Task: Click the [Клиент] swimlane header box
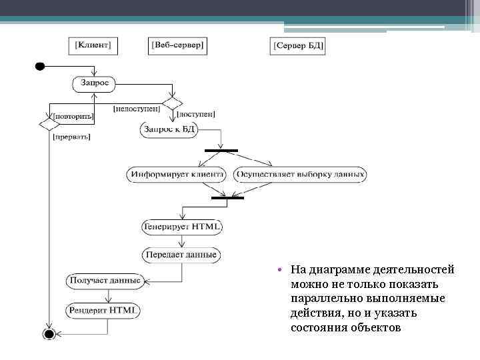tap(94, 45)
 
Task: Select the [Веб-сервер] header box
tap(179, 45)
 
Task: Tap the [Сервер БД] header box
tap(299, 46)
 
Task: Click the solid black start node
tap(39, 66)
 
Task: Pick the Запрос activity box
tap(94, 84)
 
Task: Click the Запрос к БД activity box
tap(169, 129)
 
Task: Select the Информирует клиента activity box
tap(176, 175)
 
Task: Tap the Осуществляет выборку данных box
tap(300, 175)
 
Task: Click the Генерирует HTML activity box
tap(182, 227)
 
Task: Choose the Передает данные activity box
tap(182, 255)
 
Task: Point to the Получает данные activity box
tap(105, 281)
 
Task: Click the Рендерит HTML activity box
tap(104, 310)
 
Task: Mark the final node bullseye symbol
tap(48, 333)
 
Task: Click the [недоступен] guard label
tap(136, 107)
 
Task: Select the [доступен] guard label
tap(196, 114)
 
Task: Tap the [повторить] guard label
tap(73, 115)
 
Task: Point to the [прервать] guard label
tap(71, 137)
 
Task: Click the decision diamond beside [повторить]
tap(48, 124)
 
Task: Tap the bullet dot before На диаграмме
tap(282, 270)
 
